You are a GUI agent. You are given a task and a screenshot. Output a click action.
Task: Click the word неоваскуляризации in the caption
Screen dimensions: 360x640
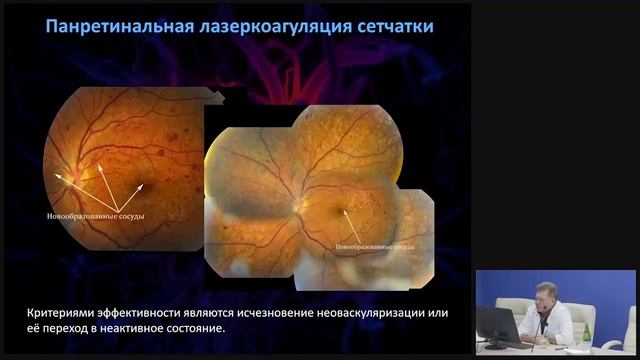pos(379,313)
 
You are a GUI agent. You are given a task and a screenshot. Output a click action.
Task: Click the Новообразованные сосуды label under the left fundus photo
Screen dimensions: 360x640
pos(95,214)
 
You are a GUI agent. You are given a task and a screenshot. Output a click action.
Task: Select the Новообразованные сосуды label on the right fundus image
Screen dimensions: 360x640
pos(375,244)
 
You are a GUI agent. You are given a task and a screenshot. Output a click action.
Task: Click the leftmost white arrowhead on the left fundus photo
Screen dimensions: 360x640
pos(57,175)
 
